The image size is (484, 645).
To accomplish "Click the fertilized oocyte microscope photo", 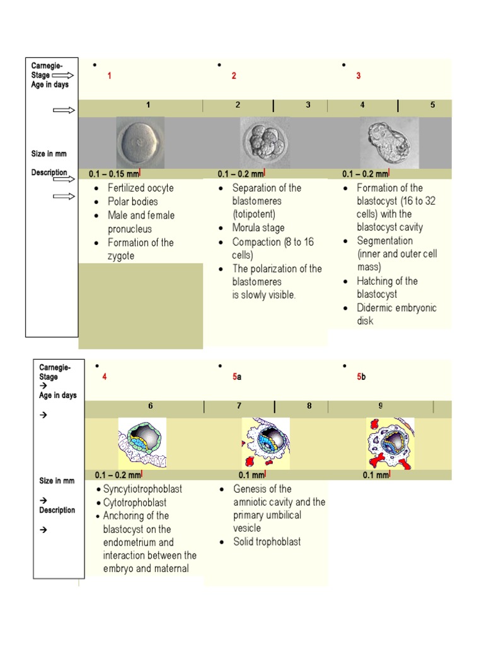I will click(x=140, y=142).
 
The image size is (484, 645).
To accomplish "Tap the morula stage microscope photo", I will click(x=264, y=142).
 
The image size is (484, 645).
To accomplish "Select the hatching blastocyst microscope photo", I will click(x=389, y=142).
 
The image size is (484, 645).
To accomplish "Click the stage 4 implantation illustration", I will click(x=142, y=443).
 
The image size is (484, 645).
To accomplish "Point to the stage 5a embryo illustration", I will click(x=265, y=443).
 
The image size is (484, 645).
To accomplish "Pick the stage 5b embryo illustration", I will click(x=389, y=443).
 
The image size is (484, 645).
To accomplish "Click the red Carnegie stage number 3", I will click(x=359, y=76).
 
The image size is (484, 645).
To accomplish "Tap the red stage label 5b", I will click(x=361, y=377).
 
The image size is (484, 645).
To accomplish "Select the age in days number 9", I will click(x=381, y=406).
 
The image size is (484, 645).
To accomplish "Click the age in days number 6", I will click(x=151, y=406).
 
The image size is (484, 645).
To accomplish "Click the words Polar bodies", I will click(x=132, y=202).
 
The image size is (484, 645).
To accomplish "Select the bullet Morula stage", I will click(x=258, y=228).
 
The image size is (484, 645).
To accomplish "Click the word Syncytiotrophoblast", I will click(x=144, y=489).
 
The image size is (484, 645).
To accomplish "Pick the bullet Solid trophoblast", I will click(x=267, y=542).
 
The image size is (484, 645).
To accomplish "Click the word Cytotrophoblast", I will click(x=135, y=503).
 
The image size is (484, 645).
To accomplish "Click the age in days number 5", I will click(x=432, y=105).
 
